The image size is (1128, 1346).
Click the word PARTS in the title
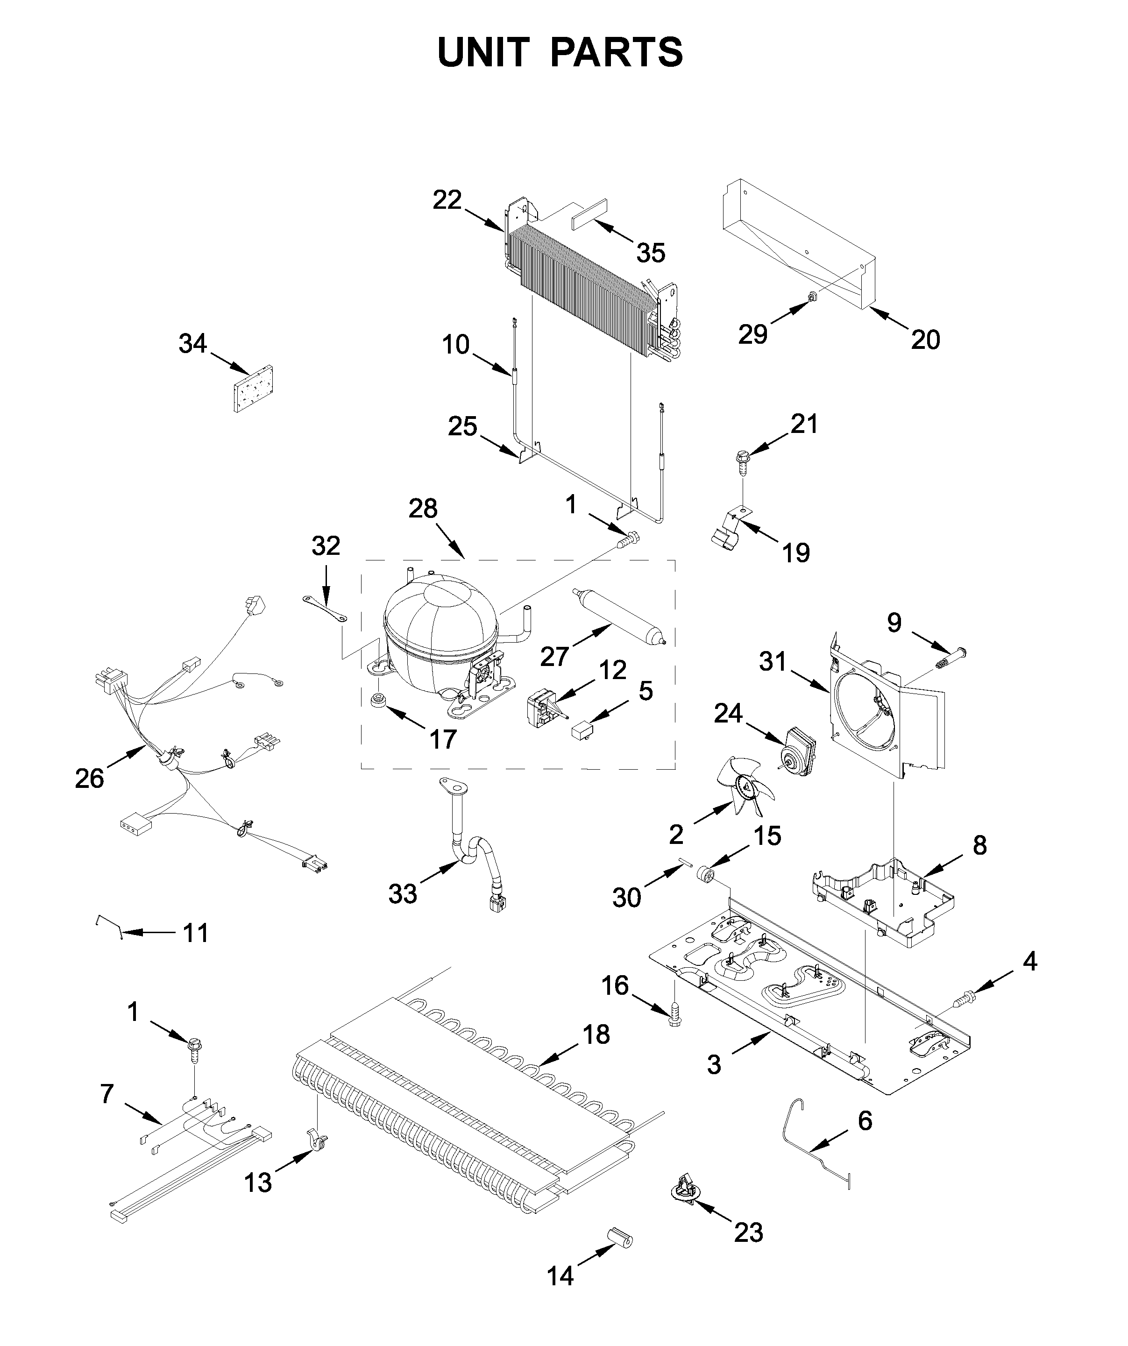[x=617, y=53]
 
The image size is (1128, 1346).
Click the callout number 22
[x=447, y=200]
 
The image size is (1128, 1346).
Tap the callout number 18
[x=596, y=1034]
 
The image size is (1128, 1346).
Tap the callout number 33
[x=403, y=893]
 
